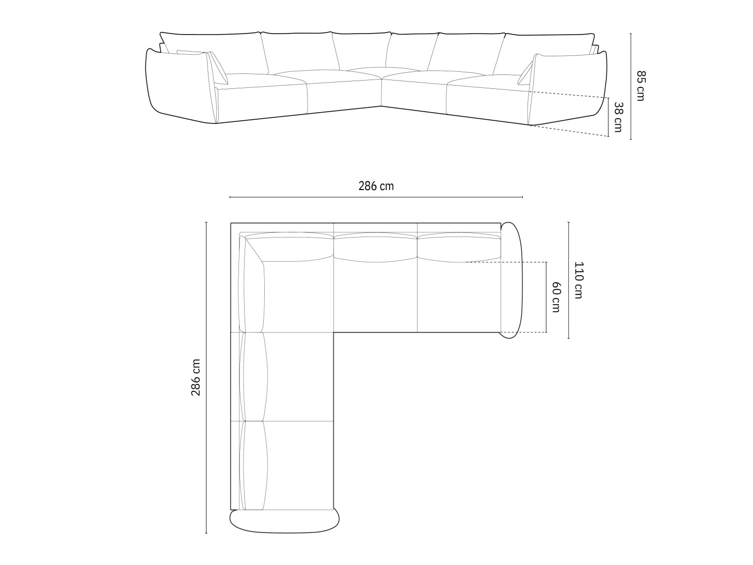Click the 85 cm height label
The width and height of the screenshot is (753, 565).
[640, 86]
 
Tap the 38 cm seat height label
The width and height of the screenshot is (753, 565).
[618, 117]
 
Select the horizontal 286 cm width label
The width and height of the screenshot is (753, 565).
[376, 186]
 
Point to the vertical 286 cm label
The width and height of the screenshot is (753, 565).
[196, 377]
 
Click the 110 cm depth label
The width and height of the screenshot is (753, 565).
[578, 280]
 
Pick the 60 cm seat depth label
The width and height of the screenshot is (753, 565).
[555, 297]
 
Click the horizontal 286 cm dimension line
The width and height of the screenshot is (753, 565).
[376, 197]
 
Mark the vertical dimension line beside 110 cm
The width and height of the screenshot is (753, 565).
[568, 280]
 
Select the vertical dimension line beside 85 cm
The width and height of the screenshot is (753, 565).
[630, 86]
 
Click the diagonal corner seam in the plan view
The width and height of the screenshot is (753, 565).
[254, 250]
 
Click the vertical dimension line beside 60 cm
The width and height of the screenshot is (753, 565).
[546, 297]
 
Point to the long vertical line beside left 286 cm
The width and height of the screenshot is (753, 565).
[206, 377]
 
